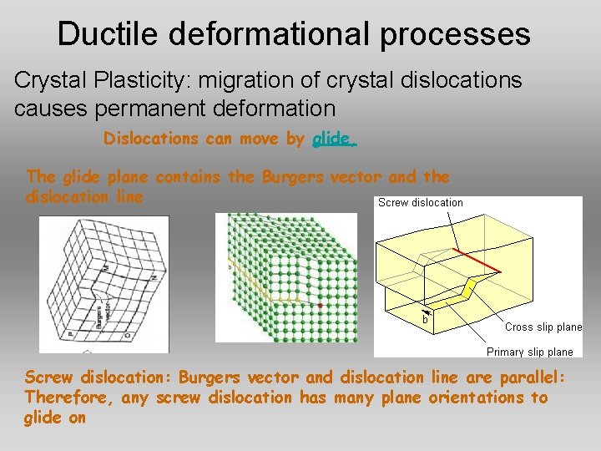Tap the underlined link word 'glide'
(333, 139)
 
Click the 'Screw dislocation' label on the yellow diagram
(420, 202)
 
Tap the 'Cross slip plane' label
(543, 327)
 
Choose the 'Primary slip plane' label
(529, 352)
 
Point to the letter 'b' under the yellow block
(425, 319)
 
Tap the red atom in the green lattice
(320, 306)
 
